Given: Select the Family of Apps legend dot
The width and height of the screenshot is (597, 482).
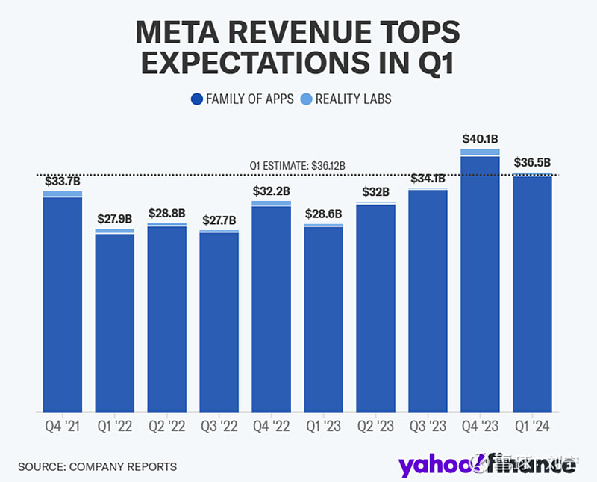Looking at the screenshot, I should coord(197,99).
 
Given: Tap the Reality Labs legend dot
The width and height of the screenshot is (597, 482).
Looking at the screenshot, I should coord(307,99).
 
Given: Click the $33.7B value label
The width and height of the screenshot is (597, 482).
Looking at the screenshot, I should coord(63,180).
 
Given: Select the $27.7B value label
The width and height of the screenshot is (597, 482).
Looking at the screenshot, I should coord(219,220).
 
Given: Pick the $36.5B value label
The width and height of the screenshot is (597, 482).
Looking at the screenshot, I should coord(532,162).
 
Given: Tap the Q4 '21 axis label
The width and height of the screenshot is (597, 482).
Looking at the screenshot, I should coord(63,427).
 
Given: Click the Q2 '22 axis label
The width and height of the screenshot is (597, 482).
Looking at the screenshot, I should coord(167,427).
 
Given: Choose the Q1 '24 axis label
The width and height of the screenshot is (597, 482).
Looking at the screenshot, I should coord(532,427).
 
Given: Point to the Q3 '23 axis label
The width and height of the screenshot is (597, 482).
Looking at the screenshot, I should coord(428,427).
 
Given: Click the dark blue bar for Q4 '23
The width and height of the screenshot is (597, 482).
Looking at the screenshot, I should coord(480,284).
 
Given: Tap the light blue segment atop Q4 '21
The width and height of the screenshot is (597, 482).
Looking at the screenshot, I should coord(63,194).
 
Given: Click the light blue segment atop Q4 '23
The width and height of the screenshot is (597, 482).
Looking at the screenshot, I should coord(480,152).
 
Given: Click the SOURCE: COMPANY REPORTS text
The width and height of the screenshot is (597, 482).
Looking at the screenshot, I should coord(98,466).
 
